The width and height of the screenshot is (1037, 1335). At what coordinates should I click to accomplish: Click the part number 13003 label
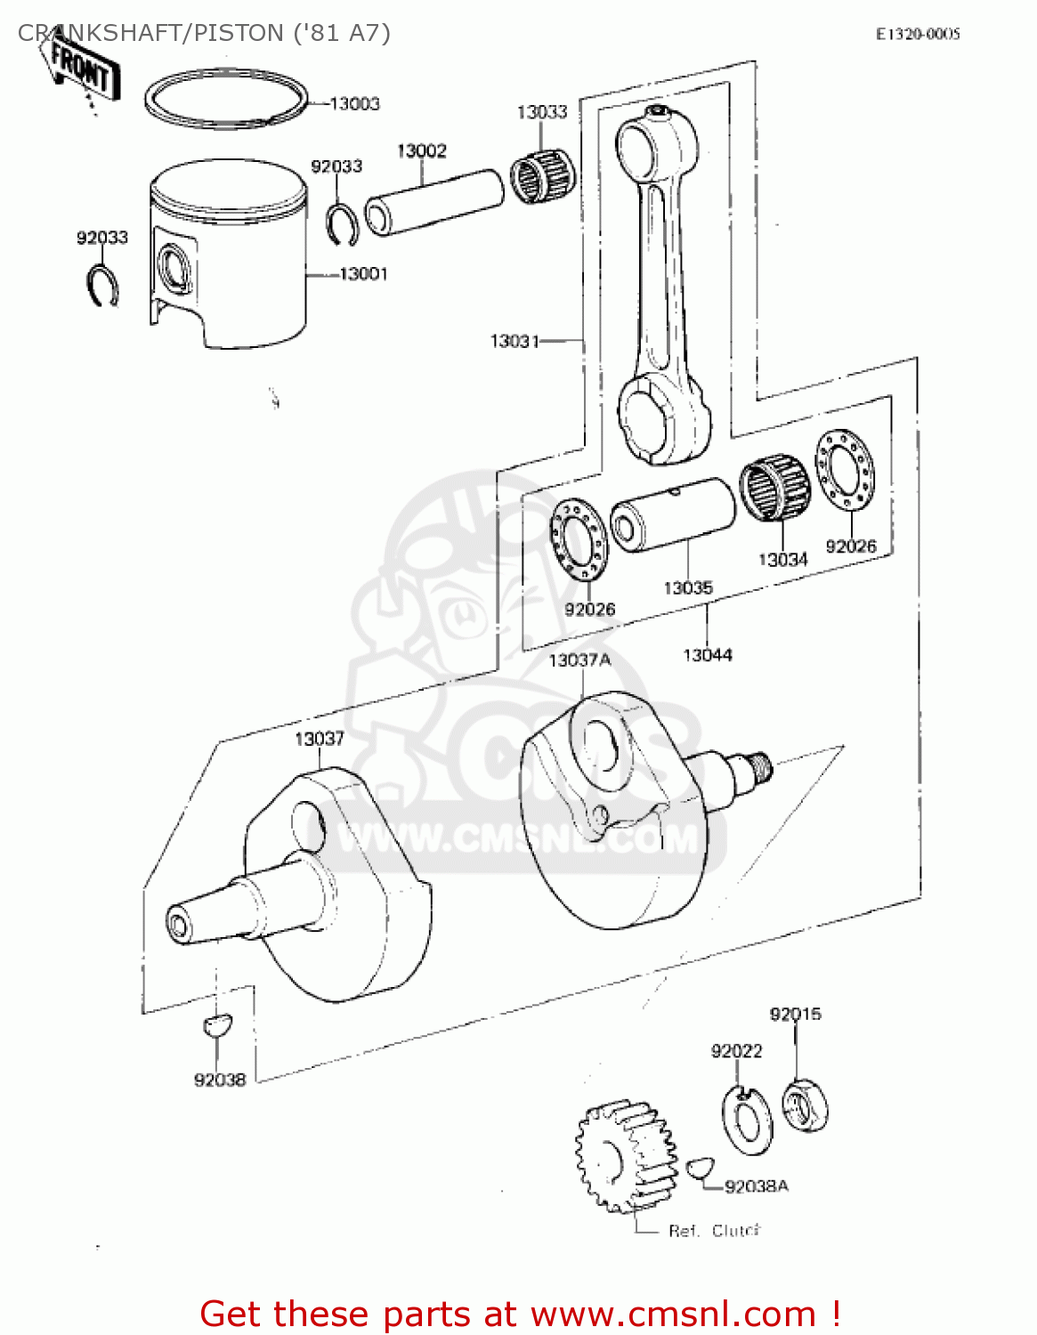coord(354,104)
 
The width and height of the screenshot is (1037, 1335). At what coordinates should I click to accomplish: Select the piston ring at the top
coord(226,99)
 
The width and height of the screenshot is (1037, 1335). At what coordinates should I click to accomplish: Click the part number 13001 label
coord(363,274)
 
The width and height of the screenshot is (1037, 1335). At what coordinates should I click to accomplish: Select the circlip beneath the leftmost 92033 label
coord(103,286)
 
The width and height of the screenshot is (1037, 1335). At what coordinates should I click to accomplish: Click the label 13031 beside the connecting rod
coord(514,341)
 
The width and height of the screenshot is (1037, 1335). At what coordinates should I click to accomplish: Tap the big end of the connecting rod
coord(663,417)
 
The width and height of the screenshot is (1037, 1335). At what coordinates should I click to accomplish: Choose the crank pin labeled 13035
coord(673,514)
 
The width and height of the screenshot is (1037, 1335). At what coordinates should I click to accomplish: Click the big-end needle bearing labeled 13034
coord(774,488)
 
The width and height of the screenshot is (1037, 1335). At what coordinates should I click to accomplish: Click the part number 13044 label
coord(708,656)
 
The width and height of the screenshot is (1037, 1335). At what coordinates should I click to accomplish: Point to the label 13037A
coord(579,660)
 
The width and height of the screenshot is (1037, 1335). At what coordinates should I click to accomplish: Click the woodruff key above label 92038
coord(216,1025)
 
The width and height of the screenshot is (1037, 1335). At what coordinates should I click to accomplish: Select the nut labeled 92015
coord(805,1106)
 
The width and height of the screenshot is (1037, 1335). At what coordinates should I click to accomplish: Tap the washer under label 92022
coord(746,1121)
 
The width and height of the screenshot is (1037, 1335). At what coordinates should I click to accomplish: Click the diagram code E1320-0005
coord(918,35)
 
